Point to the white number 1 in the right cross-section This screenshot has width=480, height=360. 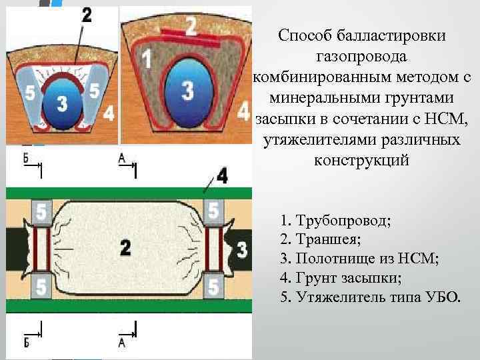[145, 59]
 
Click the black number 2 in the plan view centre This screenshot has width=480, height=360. [125, 248]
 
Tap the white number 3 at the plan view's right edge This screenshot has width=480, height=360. [242, 251]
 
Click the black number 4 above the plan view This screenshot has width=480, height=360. [222, 177]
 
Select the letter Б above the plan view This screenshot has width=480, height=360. [26, 159]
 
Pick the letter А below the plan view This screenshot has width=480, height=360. [121, 342]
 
